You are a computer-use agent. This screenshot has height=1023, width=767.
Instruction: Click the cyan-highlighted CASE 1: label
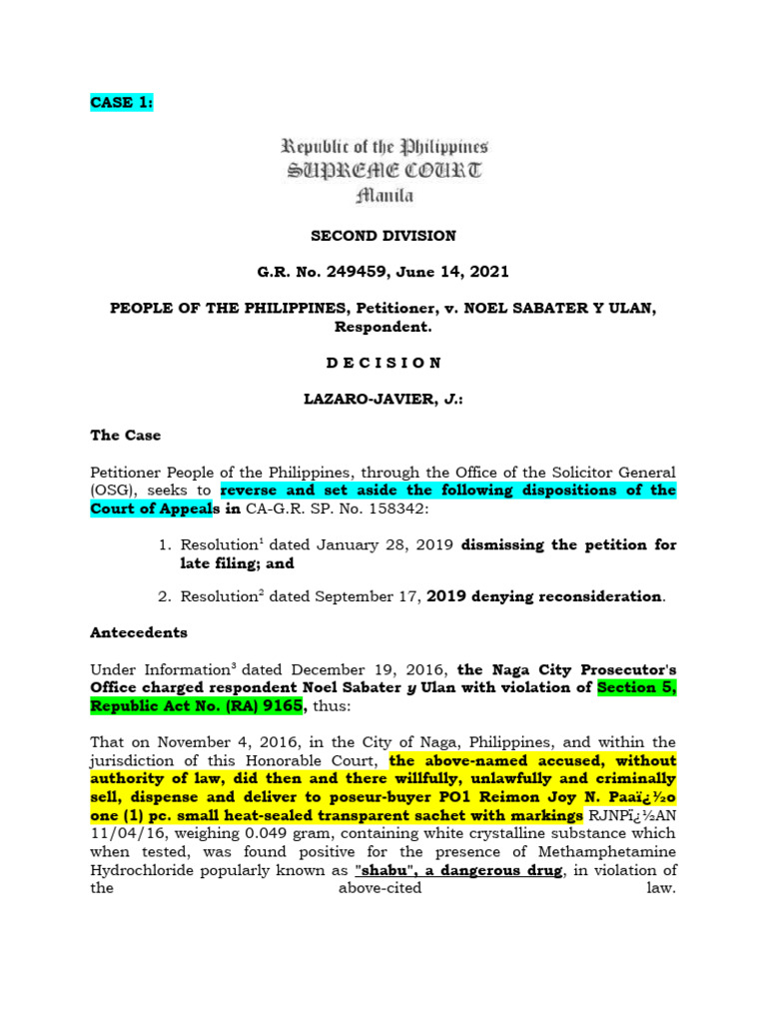pyautogui.click(x=121, y=103)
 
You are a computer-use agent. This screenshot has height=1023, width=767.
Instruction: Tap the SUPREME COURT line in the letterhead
pyautogui.click(x=383, y=171)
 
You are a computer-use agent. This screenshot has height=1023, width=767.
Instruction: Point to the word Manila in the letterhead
pyautogui.click(x=383, y=195)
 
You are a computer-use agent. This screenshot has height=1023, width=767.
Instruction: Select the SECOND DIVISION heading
pyautogui.click(x=383, y=236)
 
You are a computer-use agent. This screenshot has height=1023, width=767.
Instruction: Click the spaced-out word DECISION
pyautogui.click(x=383, y=363)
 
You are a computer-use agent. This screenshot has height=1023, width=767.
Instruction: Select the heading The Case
pyautogui.click(x=125, y=436)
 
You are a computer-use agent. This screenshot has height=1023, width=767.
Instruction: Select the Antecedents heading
pyautogui.click(x=138, y=632)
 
